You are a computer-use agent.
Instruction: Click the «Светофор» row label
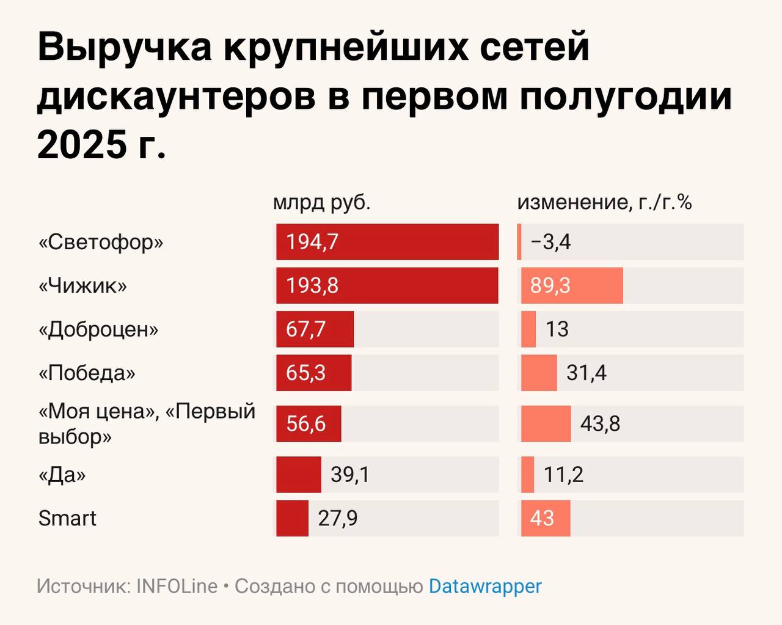tap(101, 242)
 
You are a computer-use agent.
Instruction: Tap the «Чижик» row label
tap(82, 285)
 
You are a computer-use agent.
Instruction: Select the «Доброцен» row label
tap(98, 329)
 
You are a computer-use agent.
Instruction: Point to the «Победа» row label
tap(87, 373)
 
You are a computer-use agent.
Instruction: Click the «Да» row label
tap(62, 475)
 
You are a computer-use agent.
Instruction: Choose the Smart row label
tap(67, 518)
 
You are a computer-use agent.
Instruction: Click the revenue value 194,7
tap(312, 242)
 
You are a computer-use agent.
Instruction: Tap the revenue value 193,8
tap(312, 285)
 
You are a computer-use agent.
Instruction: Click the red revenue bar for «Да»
tap(298, 475)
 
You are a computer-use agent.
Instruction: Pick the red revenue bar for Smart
tap(292, 518)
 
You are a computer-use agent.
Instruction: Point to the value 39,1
tap(350, 475)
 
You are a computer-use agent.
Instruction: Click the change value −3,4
tap(550, 242)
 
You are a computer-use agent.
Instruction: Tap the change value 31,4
tap(586, 373)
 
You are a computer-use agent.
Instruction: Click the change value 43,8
tap(600, 423)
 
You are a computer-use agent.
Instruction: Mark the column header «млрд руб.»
tap(322, 202)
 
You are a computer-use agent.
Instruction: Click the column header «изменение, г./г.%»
tap(604, 202)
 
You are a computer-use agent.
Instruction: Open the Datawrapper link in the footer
tap(485, 587)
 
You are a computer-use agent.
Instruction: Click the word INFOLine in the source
tap(177, 587)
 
